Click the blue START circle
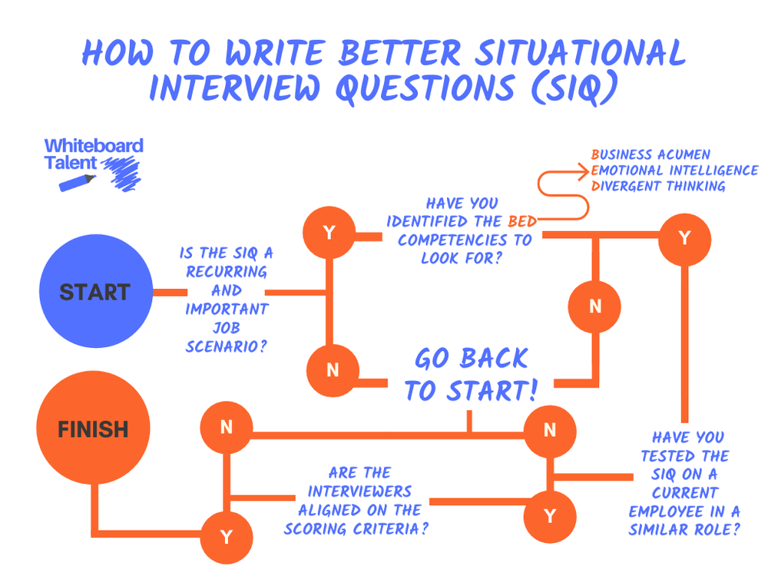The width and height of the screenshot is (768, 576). [x=96, y=293]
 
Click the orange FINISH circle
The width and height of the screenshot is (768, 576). [x=94, y=429]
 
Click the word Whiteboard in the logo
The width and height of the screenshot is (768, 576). [x=94, y=146]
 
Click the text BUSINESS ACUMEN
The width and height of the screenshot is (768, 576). [x=650, y=154]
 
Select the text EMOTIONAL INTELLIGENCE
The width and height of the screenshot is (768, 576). [x=674, y=170]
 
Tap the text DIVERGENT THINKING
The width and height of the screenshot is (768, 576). [x=658, y=186]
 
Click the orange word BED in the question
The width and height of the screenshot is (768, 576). [x=522, y=222]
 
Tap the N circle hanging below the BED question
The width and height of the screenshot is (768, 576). [x=595, y=306]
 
